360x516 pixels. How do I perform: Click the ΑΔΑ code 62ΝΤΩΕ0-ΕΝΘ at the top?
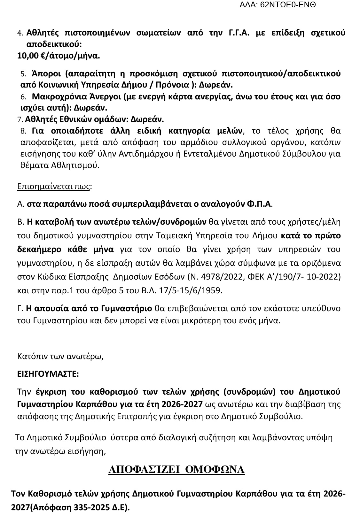[x=288, y=5]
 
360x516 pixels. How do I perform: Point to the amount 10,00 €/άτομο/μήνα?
[x=59, y=56]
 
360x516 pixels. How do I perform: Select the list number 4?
[x=20, y=33]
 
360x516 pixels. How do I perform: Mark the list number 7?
[x=20, y=120]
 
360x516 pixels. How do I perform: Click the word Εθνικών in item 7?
[x=74, y=119]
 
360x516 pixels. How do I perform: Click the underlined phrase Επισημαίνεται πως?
[x=53, y=186]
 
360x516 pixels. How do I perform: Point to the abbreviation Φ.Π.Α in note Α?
[x=259, y=204]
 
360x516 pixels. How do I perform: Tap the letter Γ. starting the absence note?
[x=20, y=308]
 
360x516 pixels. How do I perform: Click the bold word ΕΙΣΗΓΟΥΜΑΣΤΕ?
[x=48, y=374]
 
